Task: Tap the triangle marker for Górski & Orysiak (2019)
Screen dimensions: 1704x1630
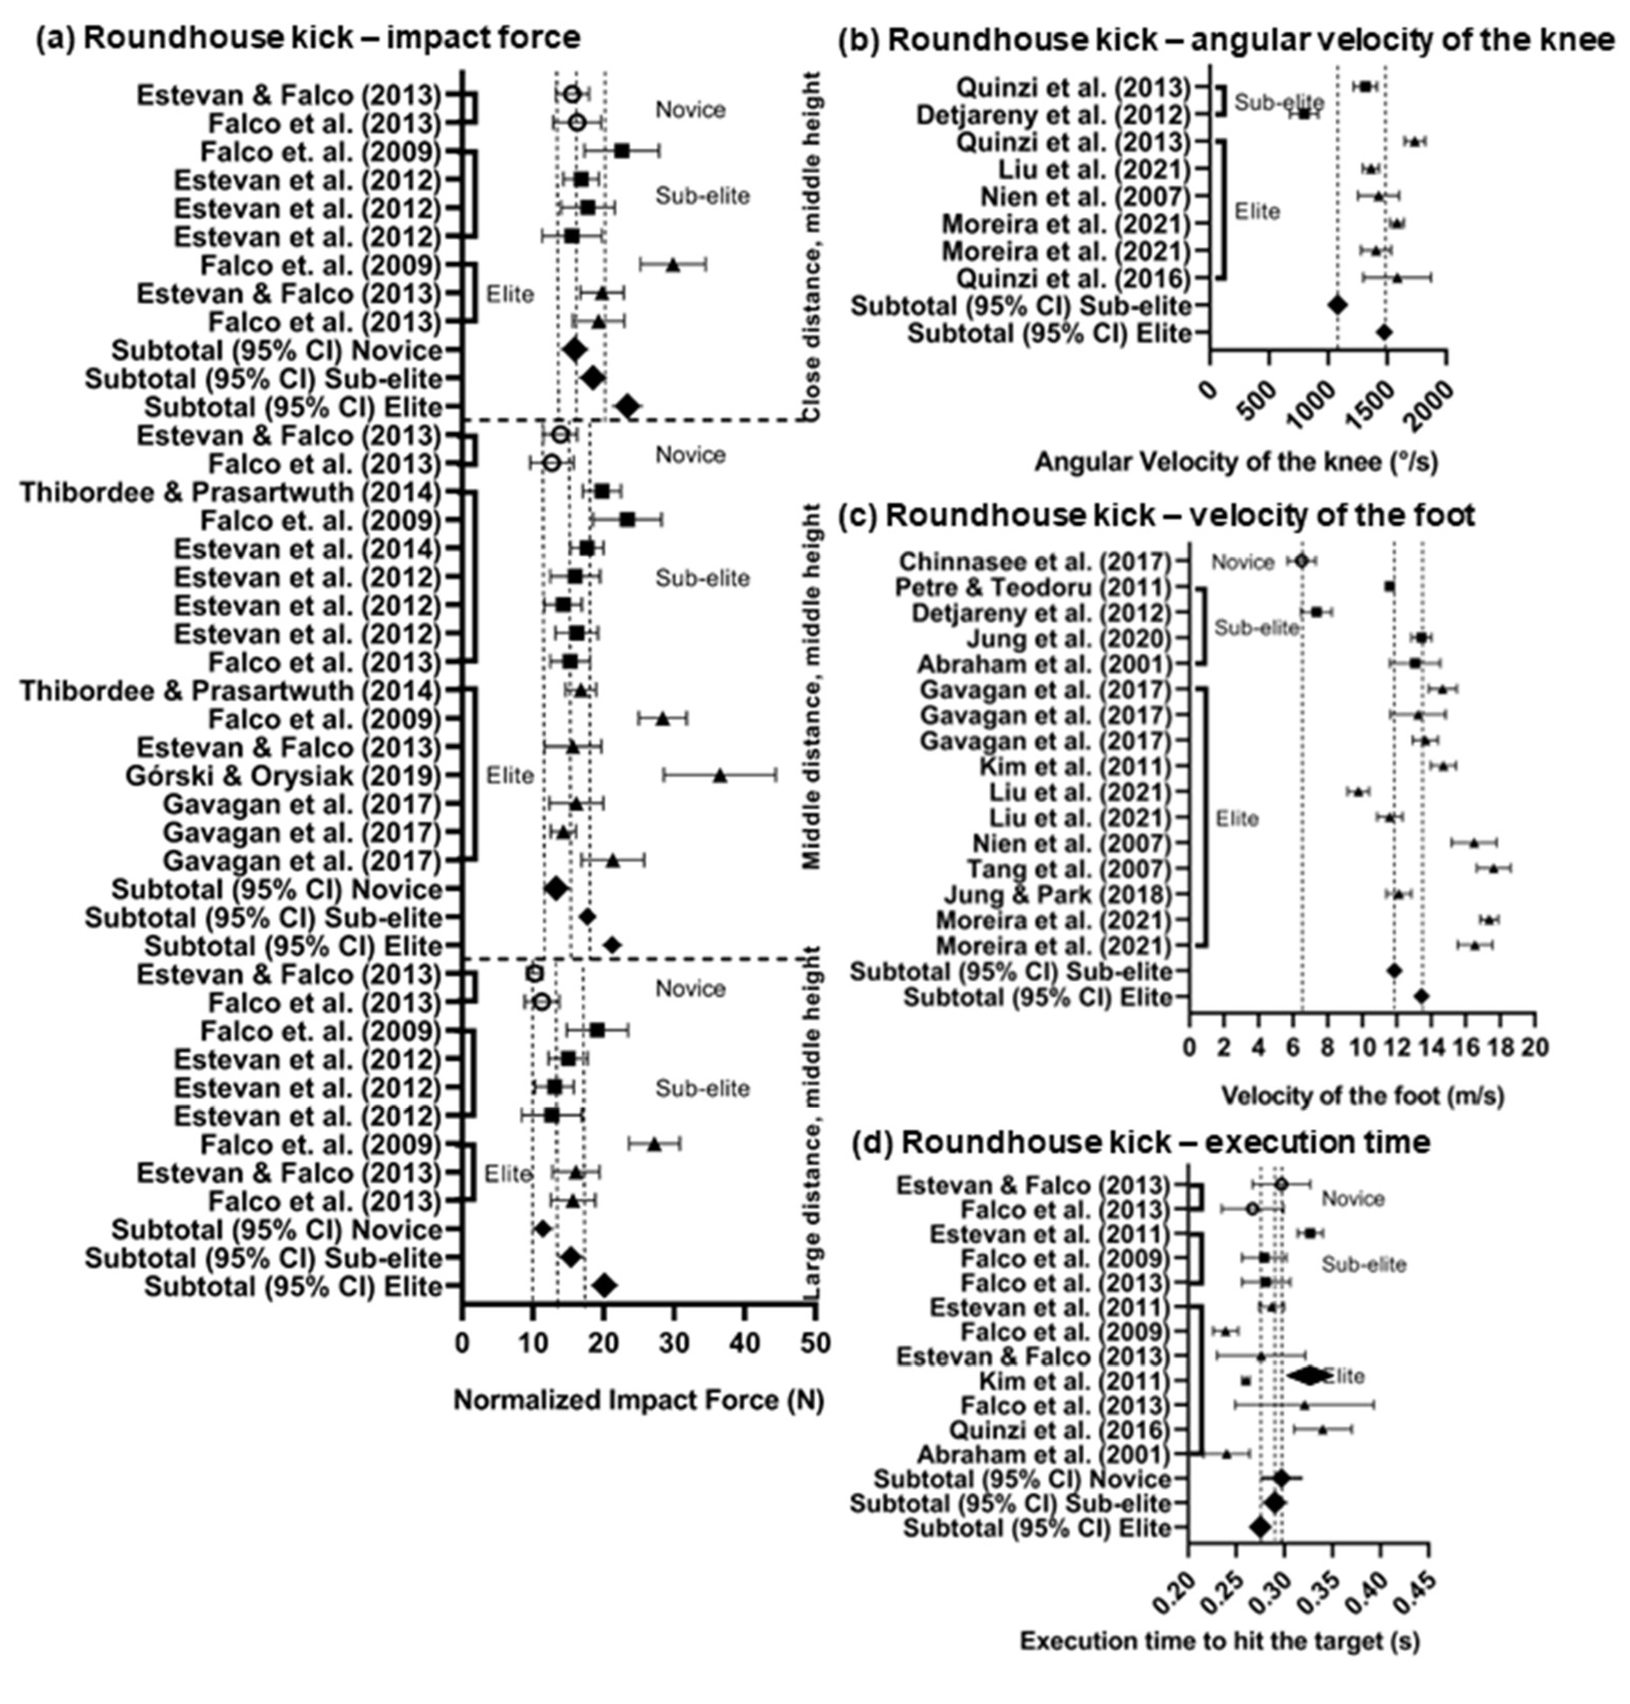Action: (x=719, y=775)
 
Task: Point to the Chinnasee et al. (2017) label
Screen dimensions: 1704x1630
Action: (x=1035, y=561)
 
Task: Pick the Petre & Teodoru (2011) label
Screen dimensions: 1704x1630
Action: (x=1033, y=587)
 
